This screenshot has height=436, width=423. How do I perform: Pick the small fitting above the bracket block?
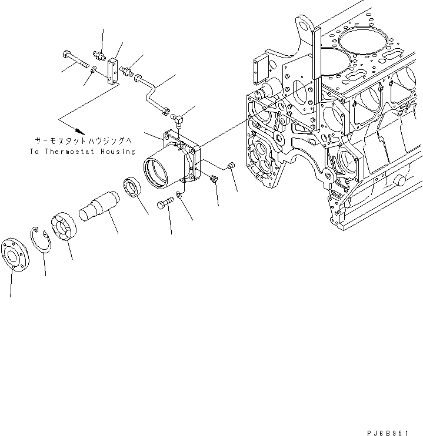100,56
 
